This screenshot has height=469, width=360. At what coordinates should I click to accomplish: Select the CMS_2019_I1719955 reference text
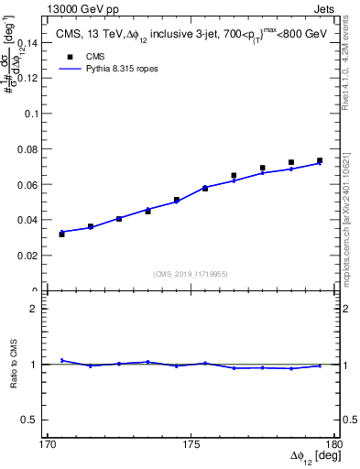point(191,273)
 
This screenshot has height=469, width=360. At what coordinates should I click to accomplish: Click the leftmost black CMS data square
point(61,234)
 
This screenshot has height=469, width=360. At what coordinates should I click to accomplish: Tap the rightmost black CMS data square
point(320,160)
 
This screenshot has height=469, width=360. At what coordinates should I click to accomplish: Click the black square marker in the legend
point(70,56)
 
